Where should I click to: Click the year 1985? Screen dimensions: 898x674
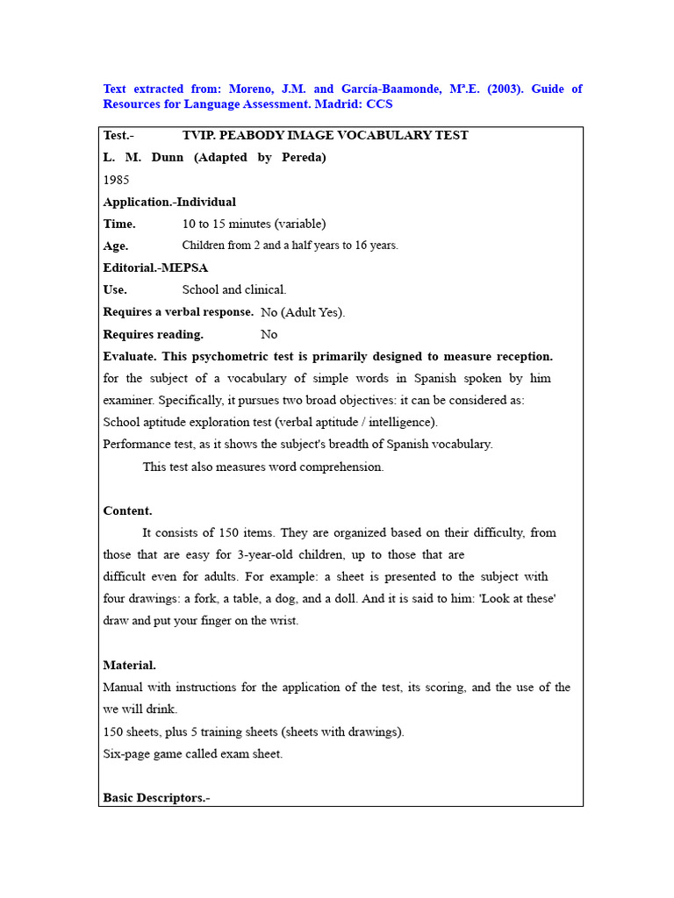click(x=116, y=180)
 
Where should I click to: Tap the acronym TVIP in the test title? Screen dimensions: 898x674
click(x=197, y=135)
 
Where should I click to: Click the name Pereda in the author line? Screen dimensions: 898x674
click(x=304, y=158)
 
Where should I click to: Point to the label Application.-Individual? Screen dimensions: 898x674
click(x=169, y=202)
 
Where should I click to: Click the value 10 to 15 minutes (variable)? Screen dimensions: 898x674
click(x=254, y=224)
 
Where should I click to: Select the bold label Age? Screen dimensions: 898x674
click(x=115, y=246)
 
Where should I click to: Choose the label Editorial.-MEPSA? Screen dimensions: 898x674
click(x=155, y=267)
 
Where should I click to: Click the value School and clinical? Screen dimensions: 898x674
click(x=234, y=289)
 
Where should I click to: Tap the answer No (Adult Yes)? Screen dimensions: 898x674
click(x=303, y=312)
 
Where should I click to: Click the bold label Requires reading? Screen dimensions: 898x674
click(x=153, y=334)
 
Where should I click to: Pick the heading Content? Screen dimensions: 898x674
click(x=127, y=510)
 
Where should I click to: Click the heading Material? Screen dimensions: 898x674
click(x=129, y=665)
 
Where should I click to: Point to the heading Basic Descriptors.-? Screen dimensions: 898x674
click(x=156, y=797)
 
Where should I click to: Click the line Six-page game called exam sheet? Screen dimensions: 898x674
click(x=193, y=754)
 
